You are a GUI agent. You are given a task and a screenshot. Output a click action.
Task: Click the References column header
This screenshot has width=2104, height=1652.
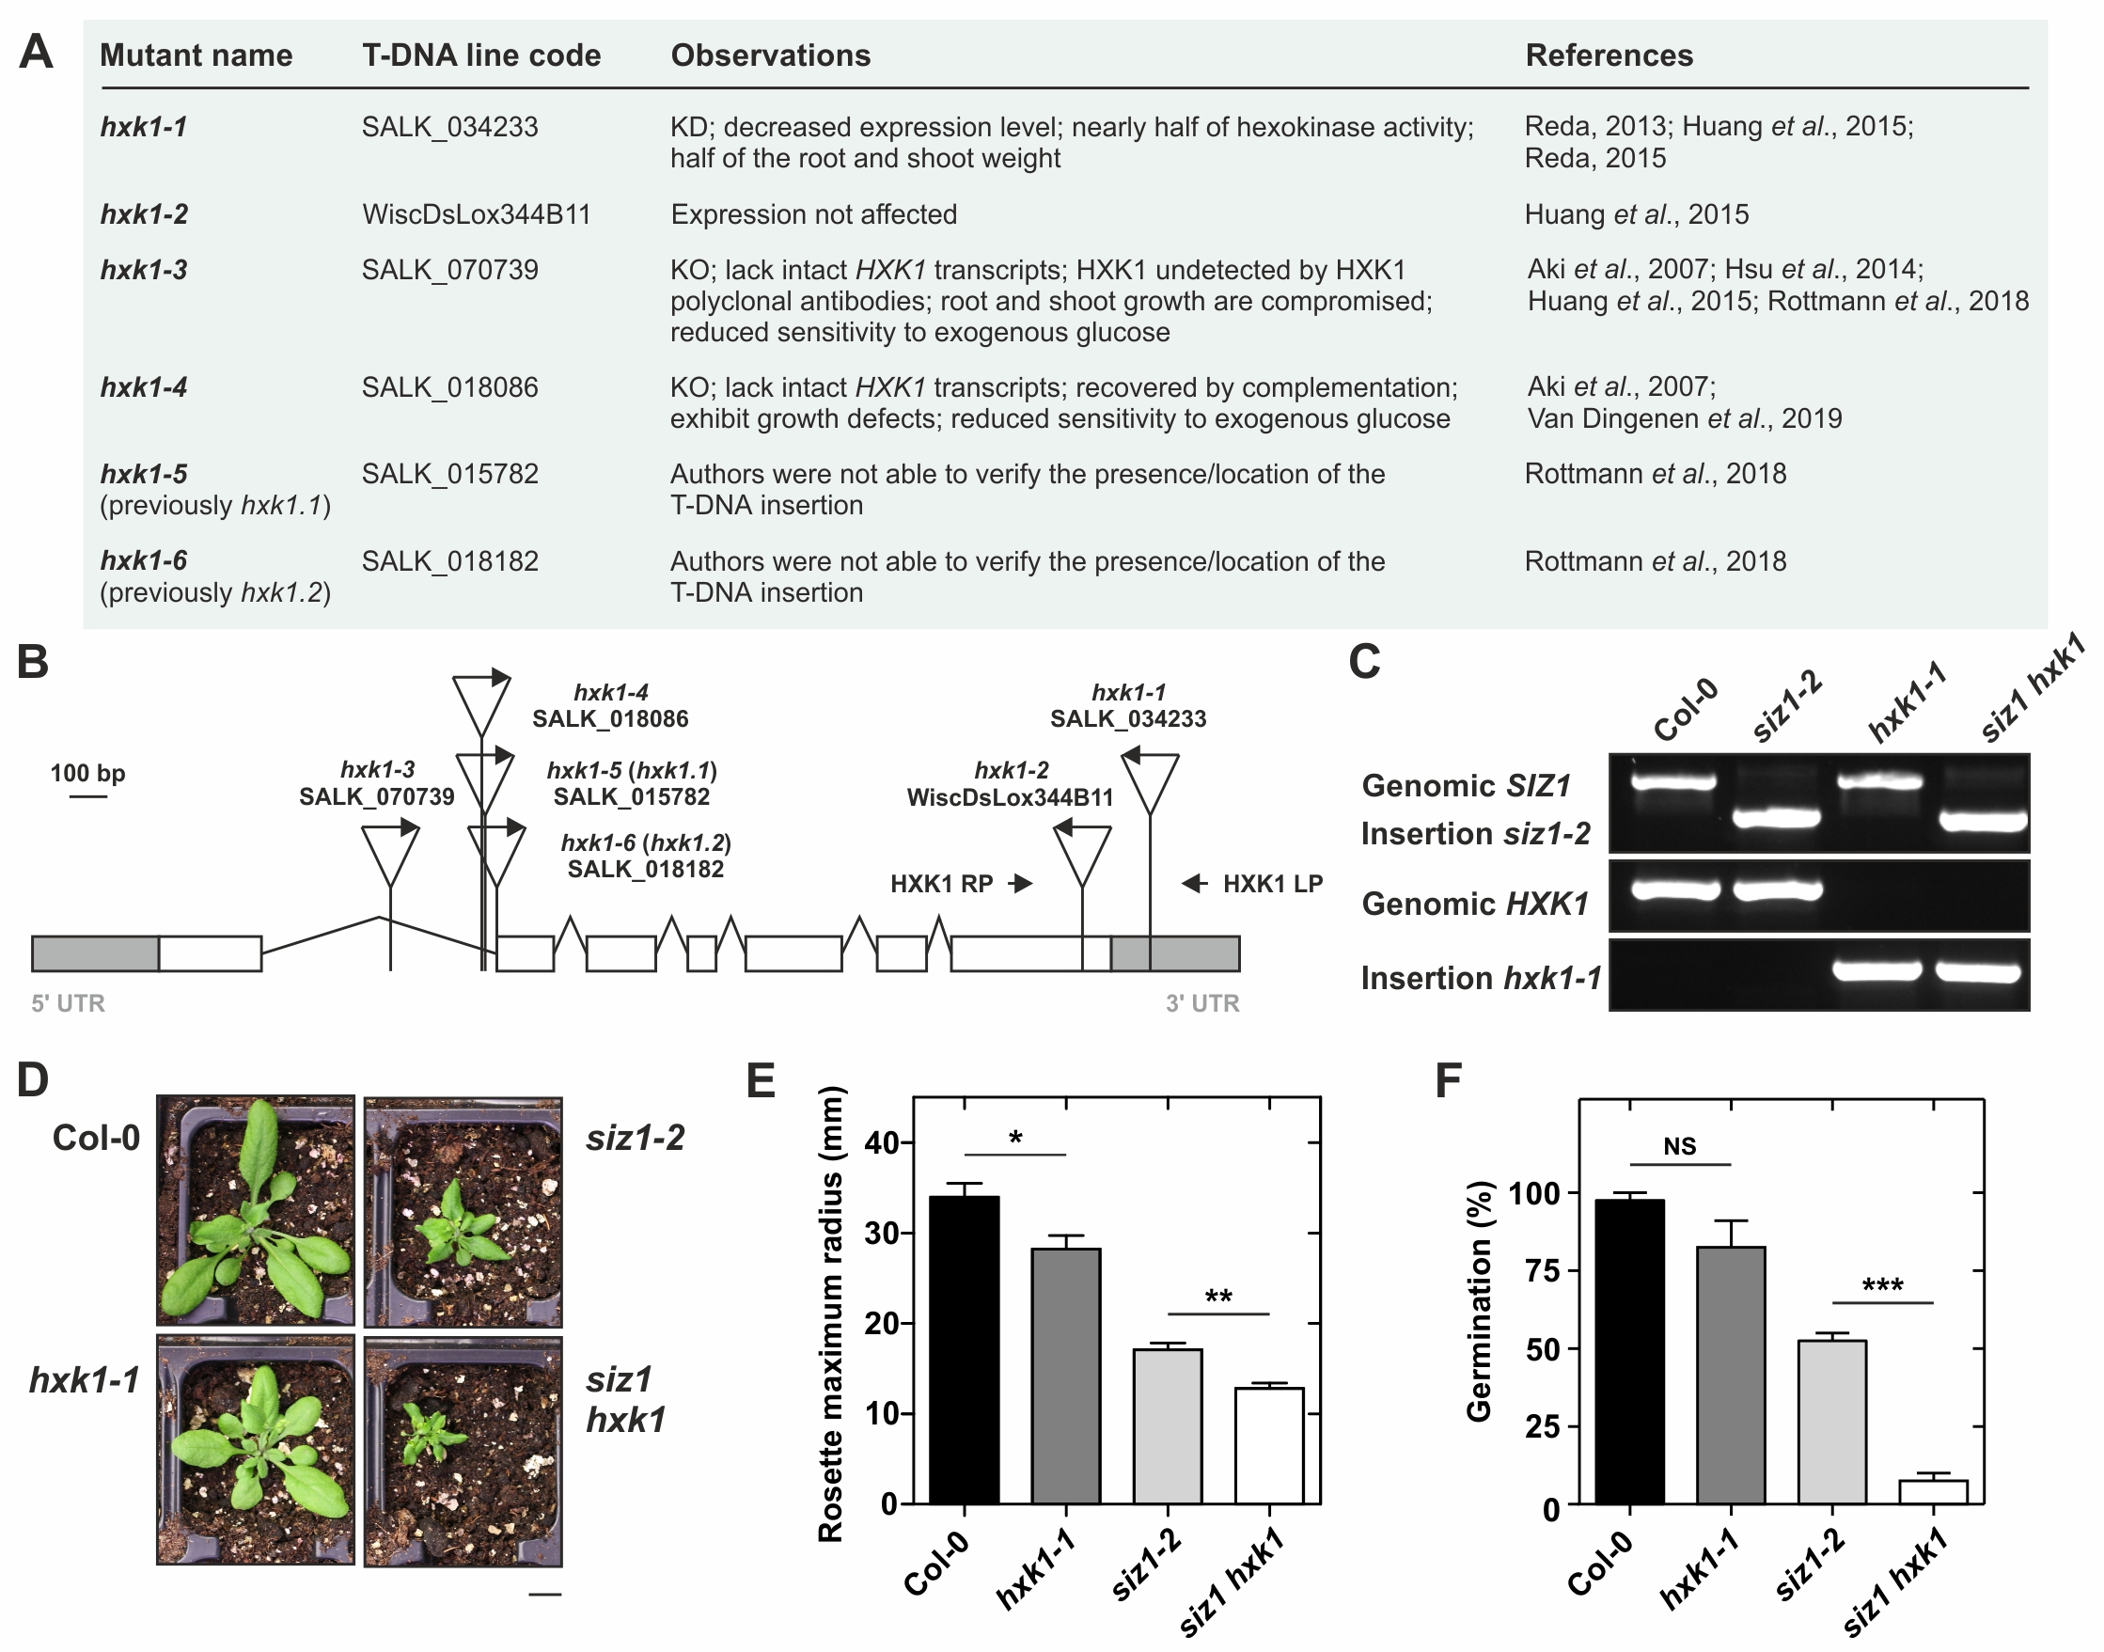(x=1609, y=55)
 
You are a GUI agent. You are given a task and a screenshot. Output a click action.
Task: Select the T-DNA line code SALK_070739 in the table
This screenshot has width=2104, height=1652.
(x=449, y=270)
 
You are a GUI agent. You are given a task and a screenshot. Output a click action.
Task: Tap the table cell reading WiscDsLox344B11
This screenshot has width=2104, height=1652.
(x=476, y=213)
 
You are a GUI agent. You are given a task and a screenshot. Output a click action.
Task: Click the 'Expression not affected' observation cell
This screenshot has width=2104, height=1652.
(x=814, y=213)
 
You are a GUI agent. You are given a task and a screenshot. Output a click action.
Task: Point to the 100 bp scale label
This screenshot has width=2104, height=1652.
(x=88, y=773)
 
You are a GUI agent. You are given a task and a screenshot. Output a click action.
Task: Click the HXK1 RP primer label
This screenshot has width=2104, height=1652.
(x=942, y=884)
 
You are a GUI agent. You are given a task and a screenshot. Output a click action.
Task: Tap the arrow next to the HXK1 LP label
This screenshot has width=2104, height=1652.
(x=1195, y=883)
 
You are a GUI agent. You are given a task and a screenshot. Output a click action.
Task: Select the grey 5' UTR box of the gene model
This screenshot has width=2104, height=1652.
(x=96, y=953)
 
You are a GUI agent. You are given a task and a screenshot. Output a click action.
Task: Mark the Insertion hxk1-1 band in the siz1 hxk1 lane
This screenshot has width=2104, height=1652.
(x=1978, y=972)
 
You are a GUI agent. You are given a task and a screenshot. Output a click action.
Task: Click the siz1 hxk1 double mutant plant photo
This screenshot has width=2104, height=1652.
(x=463, y=1450)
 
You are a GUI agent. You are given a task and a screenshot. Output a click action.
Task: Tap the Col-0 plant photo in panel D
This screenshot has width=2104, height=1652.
(x=256, y=1210)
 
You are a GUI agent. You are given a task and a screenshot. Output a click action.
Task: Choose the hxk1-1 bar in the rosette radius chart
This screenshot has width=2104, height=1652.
(x=1065, y=1376)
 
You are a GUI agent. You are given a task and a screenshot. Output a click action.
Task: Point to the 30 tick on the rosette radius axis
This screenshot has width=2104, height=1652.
(x=884, y=1234)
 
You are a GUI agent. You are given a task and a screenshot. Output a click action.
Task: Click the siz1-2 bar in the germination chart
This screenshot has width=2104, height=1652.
(x=1831, y=1422)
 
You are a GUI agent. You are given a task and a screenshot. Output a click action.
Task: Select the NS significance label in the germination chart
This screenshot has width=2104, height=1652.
(x=1679, y=1146)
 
